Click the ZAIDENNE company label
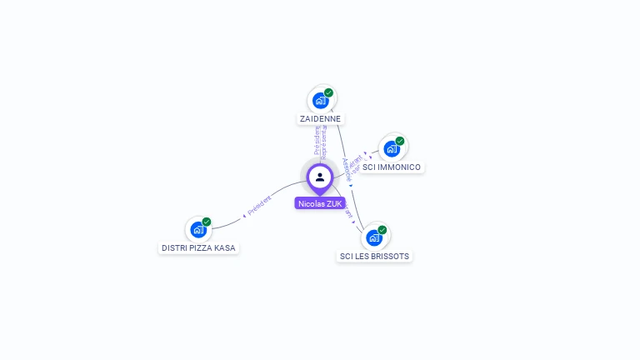321,119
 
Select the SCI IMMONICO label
392,167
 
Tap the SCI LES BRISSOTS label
374,257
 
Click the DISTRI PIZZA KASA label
198,248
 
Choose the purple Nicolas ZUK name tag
320,203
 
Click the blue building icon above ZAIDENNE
320,101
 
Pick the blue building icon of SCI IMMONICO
391,149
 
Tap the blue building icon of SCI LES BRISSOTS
374,237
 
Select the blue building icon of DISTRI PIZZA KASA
197,229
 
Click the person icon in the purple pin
320,177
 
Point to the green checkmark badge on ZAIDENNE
329,92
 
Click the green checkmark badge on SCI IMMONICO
400,141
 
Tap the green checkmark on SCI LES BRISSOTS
382,229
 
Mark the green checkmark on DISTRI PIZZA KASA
207,222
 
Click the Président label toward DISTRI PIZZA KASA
260,204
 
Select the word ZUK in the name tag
333,203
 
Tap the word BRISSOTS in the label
390,257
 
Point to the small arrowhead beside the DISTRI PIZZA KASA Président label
244,215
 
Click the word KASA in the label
225,248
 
